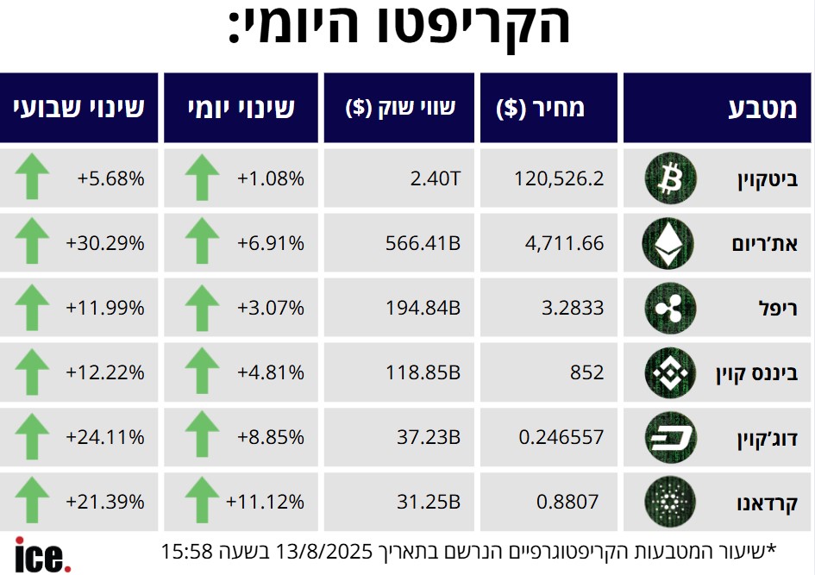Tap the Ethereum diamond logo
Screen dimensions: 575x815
(666, 244)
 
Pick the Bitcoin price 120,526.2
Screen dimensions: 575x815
(559, 179)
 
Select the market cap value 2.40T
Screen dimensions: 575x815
(436, 179)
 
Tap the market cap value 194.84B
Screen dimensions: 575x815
(423, 308)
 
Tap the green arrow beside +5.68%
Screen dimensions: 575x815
(33, 178)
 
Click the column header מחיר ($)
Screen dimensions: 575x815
(541, 108)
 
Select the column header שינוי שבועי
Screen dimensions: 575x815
(78, 108)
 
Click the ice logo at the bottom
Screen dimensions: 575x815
(42, 554)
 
